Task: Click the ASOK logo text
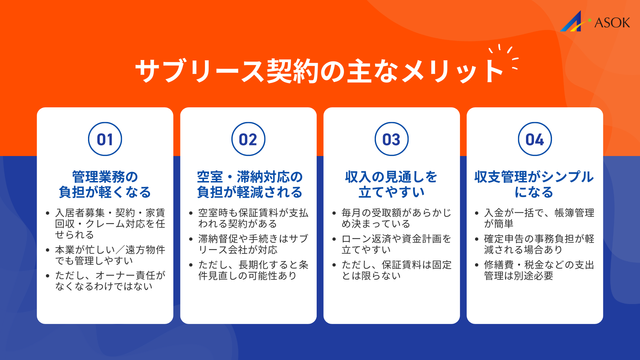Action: coord(612,23)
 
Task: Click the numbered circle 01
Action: coord(105,139)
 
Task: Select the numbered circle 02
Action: coord(248,139)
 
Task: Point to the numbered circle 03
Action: coord(392,139)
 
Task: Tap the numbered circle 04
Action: coord(535,139)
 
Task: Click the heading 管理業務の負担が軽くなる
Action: coord(105,184)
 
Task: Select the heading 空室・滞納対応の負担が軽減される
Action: coord(249,184)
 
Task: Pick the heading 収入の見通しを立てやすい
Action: coord(391,184)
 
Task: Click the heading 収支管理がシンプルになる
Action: coord(534,184)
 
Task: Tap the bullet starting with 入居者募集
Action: coord(110,224)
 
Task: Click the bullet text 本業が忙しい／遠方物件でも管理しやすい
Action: coord(110,255)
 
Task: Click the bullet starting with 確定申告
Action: coord(539,244)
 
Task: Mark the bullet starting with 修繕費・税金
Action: coord(539,270)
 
